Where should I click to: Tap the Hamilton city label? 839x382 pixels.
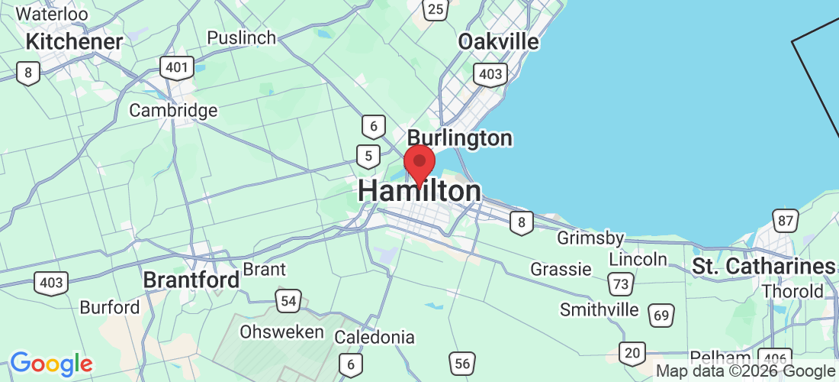coord(419,192)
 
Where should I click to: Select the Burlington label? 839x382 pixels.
coord(459,138)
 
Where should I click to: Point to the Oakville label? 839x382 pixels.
coord(498,41)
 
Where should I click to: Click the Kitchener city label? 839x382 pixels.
coord(74,41)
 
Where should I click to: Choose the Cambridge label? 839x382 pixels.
coord(173,111)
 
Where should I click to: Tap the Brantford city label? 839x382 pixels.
coord(191,280)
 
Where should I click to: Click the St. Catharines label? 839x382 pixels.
coord(763,267)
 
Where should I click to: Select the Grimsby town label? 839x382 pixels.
coord(590,238)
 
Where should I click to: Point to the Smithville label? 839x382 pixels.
coord(599,309)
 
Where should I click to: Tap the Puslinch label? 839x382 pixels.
coord(241,37)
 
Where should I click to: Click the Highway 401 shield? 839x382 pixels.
coord(176,67)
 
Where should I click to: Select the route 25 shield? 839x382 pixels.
coord(436,9)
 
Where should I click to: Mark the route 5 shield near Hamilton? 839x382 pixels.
coord(368,157)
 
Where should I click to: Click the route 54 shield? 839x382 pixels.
coord(288,301)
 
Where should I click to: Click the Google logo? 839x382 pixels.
coord(51,364)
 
